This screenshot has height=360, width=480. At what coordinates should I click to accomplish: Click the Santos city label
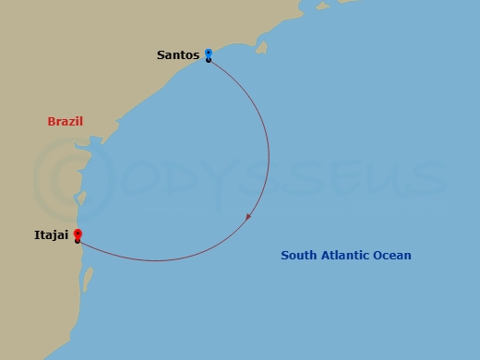178,55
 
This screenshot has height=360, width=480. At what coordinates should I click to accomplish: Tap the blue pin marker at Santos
209,54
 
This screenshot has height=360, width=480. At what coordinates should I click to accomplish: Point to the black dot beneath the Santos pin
209,60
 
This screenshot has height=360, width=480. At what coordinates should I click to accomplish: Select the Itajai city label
52,237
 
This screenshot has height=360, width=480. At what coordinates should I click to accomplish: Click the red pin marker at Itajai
78,234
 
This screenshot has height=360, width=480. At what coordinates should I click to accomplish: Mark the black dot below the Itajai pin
78,242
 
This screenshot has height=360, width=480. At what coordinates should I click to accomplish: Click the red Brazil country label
66,122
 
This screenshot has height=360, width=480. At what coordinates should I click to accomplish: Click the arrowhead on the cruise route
248,218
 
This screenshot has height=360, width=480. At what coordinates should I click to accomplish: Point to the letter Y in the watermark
214,180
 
